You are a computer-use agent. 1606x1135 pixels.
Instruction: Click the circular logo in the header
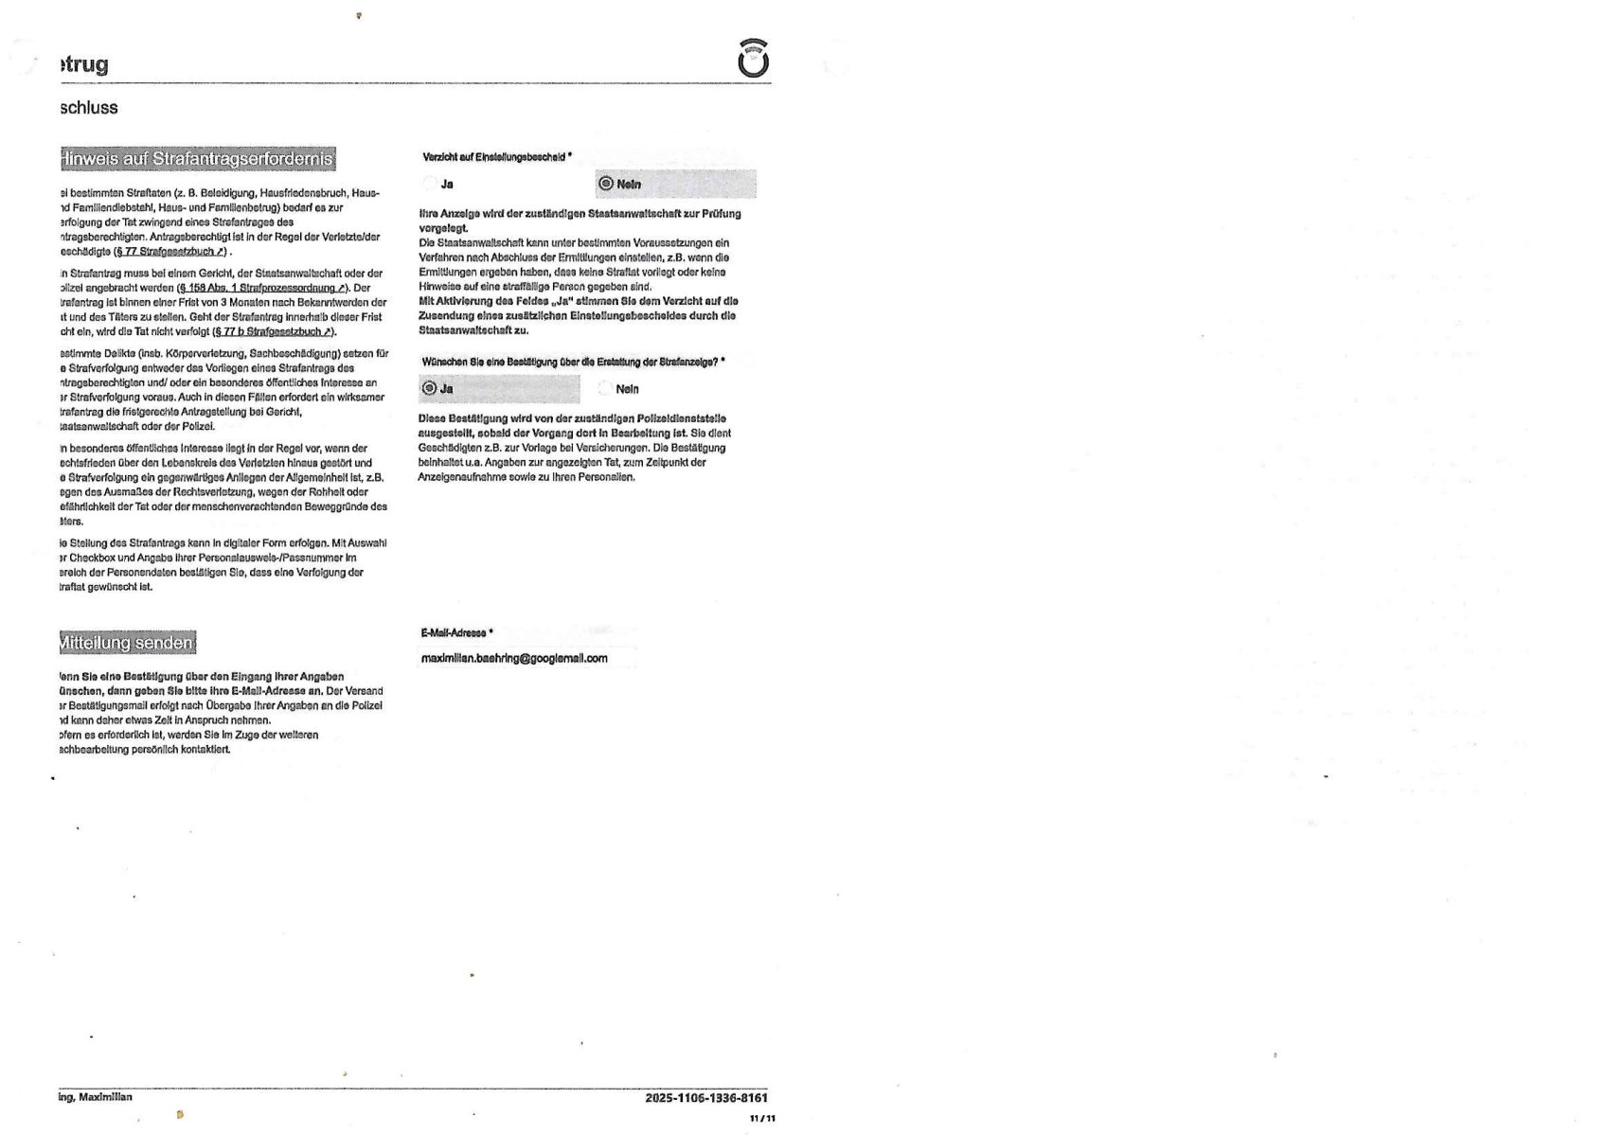click(753, 60)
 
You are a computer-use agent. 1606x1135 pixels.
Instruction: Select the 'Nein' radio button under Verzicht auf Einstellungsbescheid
click(606, 184)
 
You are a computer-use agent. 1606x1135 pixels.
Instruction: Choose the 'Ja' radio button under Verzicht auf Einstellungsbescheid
click(431, 184)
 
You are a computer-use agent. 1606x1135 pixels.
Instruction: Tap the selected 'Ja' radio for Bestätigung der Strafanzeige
click(429, 388)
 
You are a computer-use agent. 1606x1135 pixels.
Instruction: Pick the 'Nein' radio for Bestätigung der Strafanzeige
click(605, 388)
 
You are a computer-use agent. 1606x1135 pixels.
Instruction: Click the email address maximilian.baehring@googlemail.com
click(514, 658)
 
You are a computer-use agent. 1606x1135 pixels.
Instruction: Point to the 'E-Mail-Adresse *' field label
click(456, 632)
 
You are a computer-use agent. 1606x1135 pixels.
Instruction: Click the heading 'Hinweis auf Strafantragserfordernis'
click(198, 158)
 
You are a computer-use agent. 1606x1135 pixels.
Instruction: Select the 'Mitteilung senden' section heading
click(127, 643)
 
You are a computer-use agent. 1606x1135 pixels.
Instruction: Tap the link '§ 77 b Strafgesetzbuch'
click(274, 332)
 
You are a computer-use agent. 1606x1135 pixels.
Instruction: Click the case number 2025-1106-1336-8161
click(706, 1098)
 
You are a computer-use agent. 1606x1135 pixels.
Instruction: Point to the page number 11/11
click(762, 1118)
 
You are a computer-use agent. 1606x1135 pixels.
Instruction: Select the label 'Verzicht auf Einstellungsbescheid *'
click(496, 157)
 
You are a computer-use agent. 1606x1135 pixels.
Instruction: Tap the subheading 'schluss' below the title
click(89, 108)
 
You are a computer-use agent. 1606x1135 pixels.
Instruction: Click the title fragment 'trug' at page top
click(84, 64)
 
